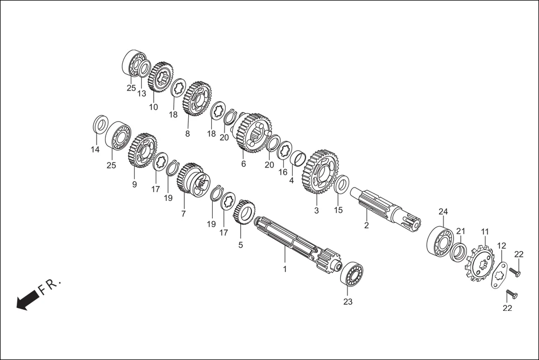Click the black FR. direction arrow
[x=27, y=301]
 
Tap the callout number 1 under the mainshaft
[x=284, y=269]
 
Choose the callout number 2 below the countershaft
[x=366, y=225]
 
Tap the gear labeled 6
[x=253, y=132]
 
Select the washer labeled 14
[x=100, y=124]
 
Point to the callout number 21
[x=461, y=231]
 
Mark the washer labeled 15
[x=342, y=185]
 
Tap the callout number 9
[x=135, y=185]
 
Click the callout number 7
[x=183, y=214]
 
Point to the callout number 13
[x=142, y=93]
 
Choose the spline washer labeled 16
[x=284, y=150]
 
